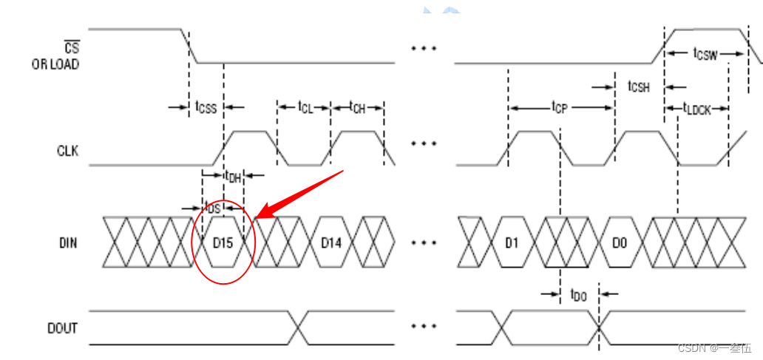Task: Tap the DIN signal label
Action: pyautogui.click(x=68, y=242)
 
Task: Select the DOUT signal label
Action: pyautogui.click(x=63, y=328)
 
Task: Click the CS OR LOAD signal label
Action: pyautogui.click(x=55, y=56)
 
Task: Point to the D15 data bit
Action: pyautogui.click(x=224, y=242)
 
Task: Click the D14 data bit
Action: pyautogui.click(x=331, y=242)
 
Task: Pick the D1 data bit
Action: pyautogui.click(x=512, y=242)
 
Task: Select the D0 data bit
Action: pyautogui.click(x=620, y=242)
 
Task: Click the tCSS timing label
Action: pyautogui.click(x=206, y=106)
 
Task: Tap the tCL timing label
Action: pyautogui.click(x=306, y=106)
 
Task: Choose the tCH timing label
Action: pyautogui.click(x=357, y=106)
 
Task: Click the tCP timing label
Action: pyautogui.click(x=560, y=106)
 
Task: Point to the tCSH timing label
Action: pyautogui.click(x=639, y=87)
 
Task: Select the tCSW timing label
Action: pyautogui.click(x=705, y=53)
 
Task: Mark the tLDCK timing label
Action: pyautogui.click(x=696, y=108)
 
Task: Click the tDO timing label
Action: pyautogui.click(x=579, y=293)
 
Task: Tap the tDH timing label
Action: pyautogui.click(x=233, y=176)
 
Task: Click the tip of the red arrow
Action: pyautogui.click(x=257, y=218)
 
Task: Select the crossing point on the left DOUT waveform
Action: pyautogui.click(x=298, y=327)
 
